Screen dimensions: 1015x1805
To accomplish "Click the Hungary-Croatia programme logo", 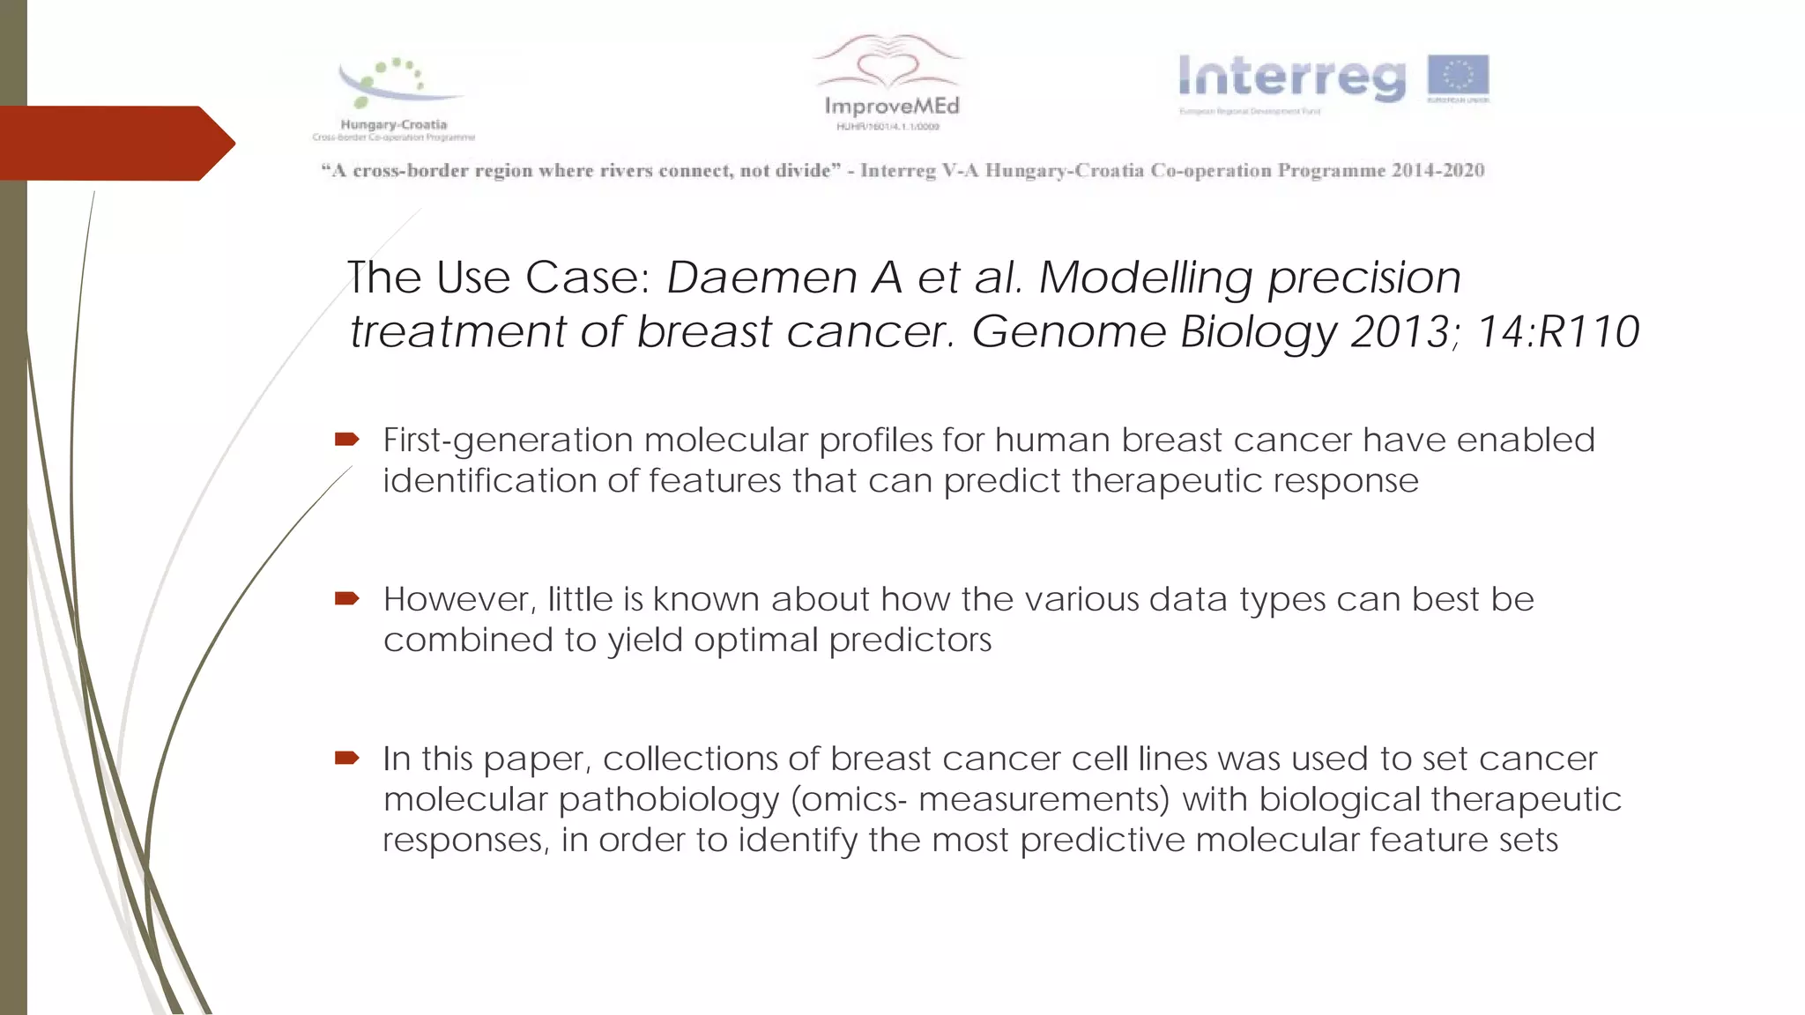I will click(x=395, y=97).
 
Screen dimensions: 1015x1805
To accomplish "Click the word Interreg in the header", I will click(x=1292, y=78).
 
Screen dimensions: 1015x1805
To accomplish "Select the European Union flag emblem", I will click(x=1458, y=76).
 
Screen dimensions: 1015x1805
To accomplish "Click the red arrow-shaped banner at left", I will click(x=115, y=143).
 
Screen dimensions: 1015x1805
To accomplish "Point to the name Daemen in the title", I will click(x=761, y=278).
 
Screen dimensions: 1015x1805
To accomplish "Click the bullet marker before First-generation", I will click(x=346, y=439).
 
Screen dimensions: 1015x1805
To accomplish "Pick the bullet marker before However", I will click(x=346, y=599).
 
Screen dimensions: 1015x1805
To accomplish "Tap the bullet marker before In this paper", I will click(x=346, y=758).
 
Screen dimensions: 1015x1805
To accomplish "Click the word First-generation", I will click(x=508, y=440).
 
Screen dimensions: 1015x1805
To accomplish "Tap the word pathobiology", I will click(x=669, y=800).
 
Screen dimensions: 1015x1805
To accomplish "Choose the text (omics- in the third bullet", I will click(x=849, y=800).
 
